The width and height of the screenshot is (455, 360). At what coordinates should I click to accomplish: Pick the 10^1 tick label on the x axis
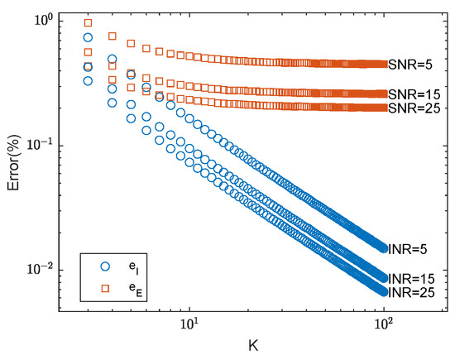(x=189, y=325)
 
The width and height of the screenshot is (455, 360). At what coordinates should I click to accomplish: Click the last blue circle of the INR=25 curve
(x=381, y=291)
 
